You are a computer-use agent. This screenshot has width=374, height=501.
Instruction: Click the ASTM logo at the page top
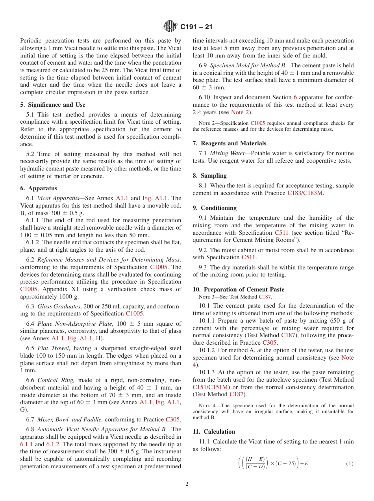170,27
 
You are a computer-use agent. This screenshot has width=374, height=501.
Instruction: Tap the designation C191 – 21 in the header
196,27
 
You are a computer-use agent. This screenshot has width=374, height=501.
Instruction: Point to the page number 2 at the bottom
187,484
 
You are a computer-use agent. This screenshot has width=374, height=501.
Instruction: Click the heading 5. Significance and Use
52,105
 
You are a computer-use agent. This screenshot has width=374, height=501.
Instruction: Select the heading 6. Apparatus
39,188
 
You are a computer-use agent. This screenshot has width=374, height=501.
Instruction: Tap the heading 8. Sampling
209,176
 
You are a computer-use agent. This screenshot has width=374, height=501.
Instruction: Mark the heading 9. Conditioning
215,208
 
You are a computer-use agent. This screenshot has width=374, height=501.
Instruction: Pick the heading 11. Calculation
214,432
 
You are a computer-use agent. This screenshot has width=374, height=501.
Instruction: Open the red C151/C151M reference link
210,387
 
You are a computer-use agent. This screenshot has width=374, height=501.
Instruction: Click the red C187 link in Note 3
265,297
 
